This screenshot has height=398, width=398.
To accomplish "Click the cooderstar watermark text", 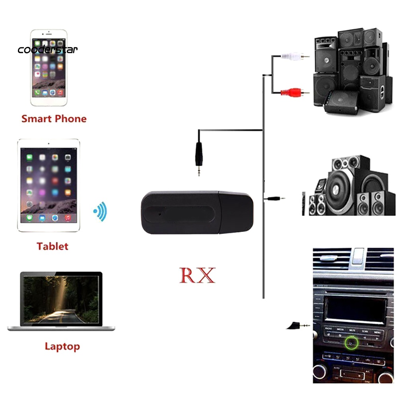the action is click(48, 50).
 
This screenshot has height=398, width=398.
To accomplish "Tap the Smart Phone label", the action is click(54, 118).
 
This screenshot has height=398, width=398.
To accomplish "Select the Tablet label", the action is click(52, 246).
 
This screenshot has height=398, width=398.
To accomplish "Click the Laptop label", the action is click(62, 346).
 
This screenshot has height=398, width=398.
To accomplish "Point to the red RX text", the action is click(197, 275).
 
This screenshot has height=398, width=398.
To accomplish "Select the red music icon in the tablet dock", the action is click(68, 218).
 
